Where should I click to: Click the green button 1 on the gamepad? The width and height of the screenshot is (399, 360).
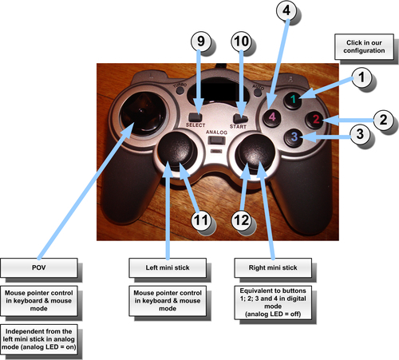(293, 99)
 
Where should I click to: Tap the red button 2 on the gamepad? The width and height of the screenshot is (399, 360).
(315, 119)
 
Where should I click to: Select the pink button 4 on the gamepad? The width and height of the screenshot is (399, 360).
(272, 117)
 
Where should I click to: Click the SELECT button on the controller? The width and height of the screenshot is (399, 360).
(196, 117)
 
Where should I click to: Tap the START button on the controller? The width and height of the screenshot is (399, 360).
(240, 118)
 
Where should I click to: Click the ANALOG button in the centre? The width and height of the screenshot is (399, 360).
(216, 140)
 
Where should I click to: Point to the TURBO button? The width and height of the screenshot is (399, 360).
(180, 90)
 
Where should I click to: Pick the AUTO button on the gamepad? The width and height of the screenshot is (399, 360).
(257, 92)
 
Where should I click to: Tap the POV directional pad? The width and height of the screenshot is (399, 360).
(142, 113)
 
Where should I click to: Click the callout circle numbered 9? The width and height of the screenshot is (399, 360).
(201, 42)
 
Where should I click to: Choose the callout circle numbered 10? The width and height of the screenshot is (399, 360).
(241, 42)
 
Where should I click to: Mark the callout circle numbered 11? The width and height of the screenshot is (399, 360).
(201, 220)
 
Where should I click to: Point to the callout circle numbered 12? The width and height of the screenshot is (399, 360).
(241, 220)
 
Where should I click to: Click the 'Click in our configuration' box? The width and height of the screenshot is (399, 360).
(364, 46)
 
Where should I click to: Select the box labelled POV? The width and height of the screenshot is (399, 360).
(39, 267)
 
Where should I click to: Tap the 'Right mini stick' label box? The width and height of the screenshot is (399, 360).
(273, 267)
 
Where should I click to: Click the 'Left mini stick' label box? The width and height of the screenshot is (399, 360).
(168, 267)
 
